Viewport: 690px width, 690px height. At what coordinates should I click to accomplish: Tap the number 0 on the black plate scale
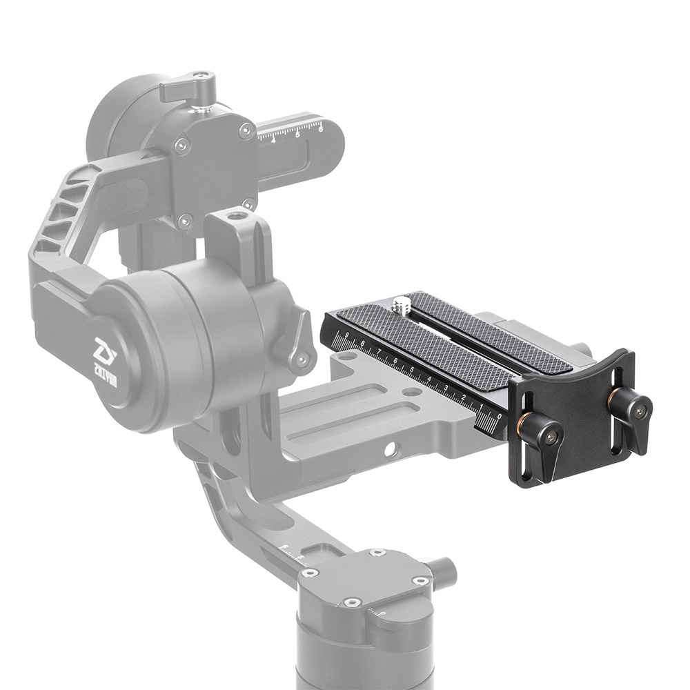499,417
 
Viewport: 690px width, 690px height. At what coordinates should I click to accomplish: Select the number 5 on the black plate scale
413,371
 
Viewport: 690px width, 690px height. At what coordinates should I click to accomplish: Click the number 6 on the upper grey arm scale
321,127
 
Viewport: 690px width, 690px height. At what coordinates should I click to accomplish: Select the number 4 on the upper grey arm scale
274,139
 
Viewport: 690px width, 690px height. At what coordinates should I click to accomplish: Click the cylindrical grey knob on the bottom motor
441,570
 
